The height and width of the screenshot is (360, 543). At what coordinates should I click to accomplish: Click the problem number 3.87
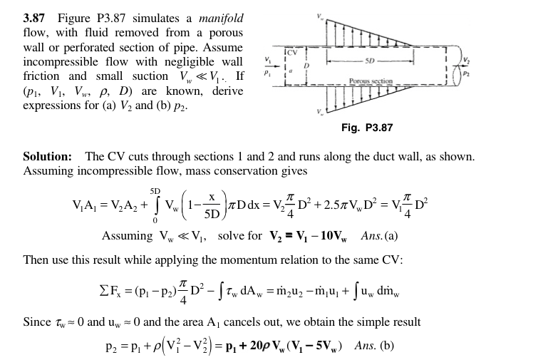tap(33, 18)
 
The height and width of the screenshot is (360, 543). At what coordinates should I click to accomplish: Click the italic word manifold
tap(221, 18)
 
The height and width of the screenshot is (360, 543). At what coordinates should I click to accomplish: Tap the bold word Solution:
tap(48, 157)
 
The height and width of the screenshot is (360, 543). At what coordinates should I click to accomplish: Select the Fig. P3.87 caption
tap(367, 128)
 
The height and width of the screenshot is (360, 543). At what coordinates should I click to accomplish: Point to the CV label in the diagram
tap(292, 53)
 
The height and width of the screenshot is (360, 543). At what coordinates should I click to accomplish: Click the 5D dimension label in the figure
tap(370, 61)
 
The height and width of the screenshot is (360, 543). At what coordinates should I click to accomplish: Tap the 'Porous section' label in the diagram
tap(371, 81)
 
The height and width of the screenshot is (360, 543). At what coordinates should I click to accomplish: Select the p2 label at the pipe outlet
tap(467, 74)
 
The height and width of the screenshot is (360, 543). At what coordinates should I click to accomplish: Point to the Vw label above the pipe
tap(320, 16)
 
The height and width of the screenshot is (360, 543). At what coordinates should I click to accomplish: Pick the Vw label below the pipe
tap(320, 112)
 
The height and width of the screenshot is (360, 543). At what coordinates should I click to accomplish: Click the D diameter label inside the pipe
tap(306, 66)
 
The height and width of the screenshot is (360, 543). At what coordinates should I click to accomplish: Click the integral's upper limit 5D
tap(155, 191)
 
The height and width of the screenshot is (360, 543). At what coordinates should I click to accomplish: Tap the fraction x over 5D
tap(212, 207)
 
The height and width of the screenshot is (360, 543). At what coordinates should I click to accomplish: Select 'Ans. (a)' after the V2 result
tap(379, 236)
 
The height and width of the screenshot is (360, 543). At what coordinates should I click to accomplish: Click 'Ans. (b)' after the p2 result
tap(374, 346)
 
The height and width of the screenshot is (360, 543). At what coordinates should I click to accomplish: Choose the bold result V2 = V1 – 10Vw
tap(309, 236)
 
